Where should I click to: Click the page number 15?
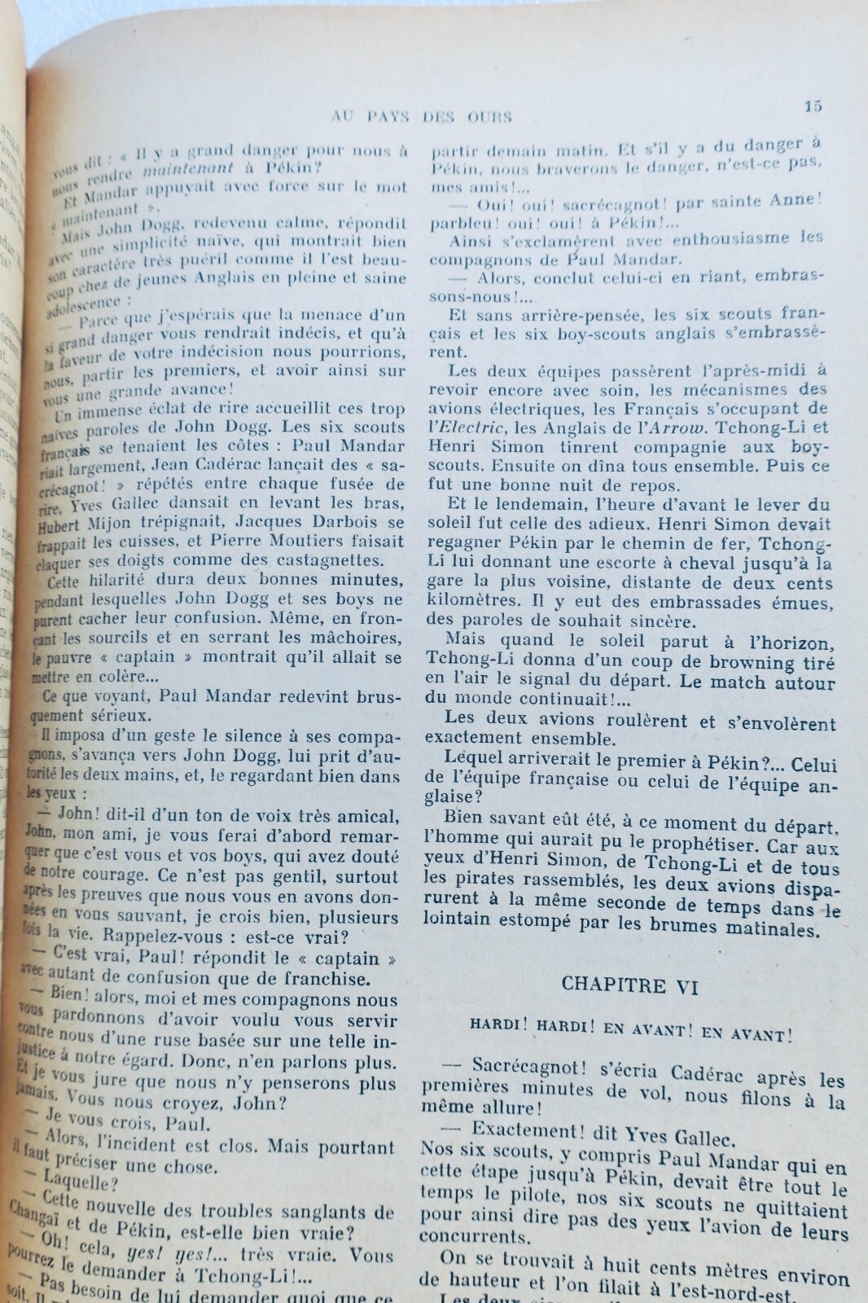click(x=813, y=106)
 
